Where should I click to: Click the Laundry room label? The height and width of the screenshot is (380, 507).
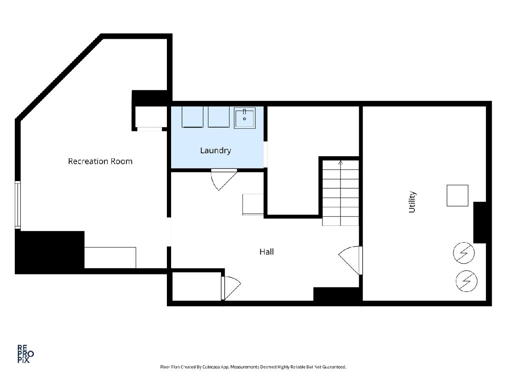(215, 151)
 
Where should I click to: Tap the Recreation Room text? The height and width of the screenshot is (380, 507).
(100, 161)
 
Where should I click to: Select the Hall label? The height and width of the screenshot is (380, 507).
(267, 252)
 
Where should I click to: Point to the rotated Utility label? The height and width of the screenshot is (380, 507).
(412, 202)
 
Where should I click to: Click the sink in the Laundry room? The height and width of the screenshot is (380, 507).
(245, 118)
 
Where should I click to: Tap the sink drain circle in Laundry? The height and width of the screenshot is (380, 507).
(244, 119)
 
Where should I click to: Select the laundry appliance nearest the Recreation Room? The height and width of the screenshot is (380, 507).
(192, 117)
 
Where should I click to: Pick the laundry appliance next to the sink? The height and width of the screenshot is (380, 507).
(218, 117)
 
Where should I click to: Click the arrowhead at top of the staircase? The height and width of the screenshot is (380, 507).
(341, 163)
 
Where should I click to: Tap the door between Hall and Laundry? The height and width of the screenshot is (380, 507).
(224, 179)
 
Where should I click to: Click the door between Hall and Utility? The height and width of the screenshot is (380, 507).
(350, 261)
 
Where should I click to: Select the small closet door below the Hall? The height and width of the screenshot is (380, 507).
(231, 288)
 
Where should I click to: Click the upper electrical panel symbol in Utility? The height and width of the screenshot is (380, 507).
(464, 253)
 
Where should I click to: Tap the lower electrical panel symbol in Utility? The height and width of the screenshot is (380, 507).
(466, 281)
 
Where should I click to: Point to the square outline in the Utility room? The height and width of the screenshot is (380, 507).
(457, 195)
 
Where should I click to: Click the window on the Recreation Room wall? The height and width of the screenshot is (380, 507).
(18, 205)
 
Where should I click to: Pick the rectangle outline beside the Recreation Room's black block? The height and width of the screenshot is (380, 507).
(110, 258)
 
